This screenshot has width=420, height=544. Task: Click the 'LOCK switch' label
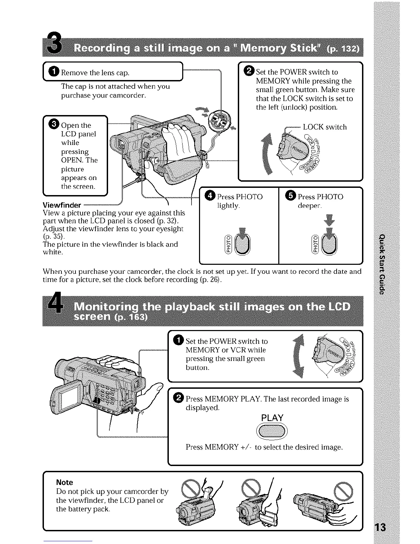[x=325, y=127]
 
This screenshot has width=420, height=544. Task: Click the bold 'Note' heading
[x=65, y=482]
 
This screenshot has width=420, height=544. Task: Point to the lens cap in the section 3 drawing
[x=219, y=121]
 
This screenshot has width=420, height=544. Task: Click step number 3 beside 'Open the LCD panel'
[x=54, y=125]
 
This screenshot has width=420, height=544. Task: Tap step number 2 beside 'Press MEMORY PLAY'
[x=178, y=398]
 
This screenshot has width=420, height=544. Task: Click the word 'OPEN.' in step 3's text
[x=72, y=160]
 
